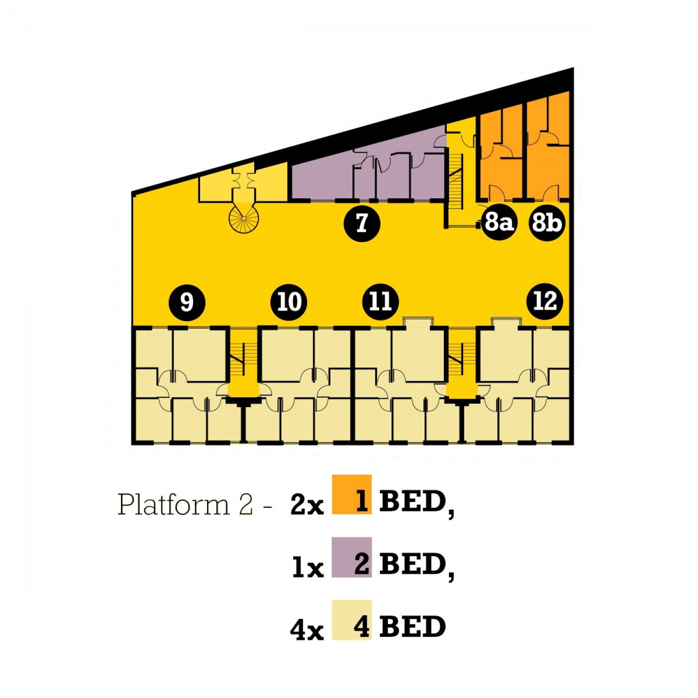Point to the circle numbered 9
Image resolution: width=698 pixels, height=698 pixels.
(x=187, y=302)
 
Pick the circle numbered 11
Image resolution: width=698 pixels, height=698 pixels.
(x=380, y=302)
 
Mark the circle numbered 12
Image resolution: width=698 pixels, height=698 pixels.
(x=544, y=301)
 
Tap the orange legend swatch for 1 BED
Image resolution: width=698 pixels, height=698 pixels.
(x=351, y=494)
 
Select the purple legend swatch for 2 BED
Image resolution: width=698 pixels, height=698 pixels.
(x=351, y=557)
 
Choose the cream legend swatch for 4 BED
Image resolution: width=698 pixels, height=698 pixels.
(x=351, y=620)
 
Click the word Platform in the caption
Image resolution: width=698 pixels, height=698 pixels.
(x=174, y=504)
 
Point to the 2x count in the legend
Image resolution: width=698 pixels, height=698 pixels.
(x=307, y=504)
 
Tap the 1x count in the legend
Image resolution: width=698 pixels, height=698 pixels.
(x=308, y=567)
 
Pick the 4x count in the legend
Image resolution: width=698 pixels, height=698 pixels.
(x=307, y=631)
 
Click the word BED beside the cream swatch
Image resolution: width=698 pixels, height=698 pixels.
(x=412, y=626)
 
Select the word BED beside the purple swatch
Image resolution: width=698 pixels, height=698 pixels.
(x=413, y=564)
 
